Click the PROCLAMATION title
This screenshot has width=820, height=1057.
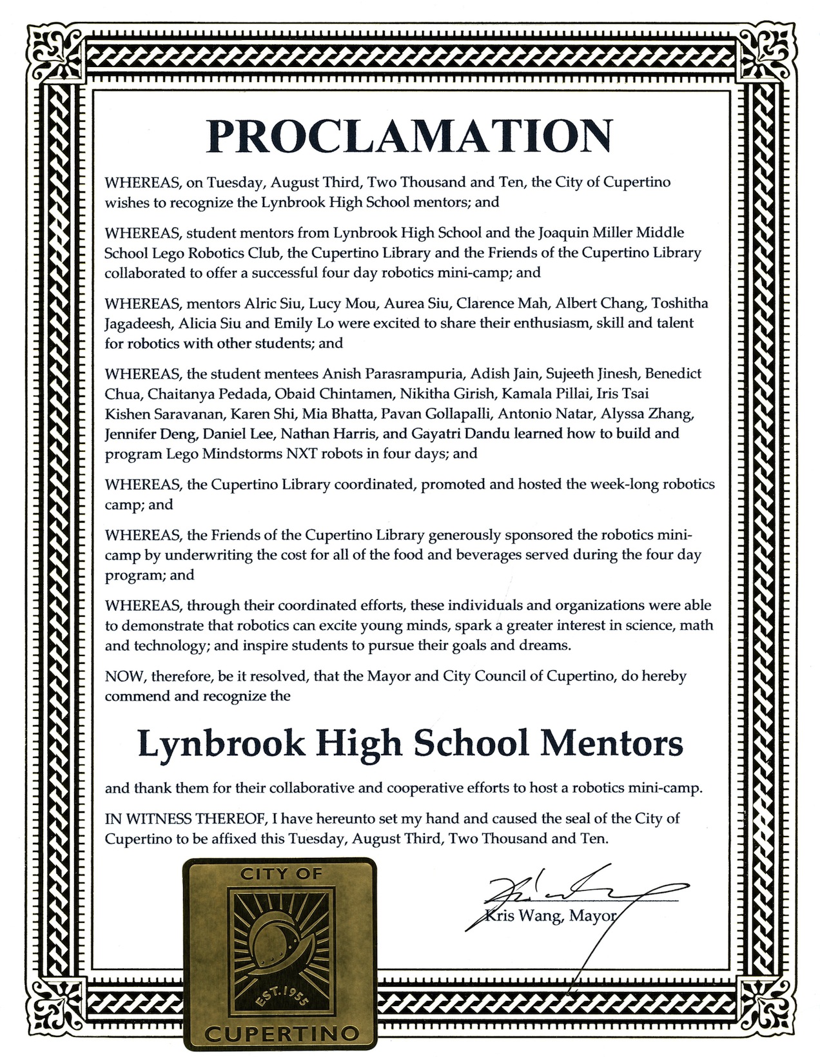point(409,136)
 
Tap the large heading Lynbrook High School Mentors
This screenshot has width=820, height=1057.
point(410,745)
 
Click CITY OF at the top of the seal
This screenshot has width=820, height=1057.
point(281,875)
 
